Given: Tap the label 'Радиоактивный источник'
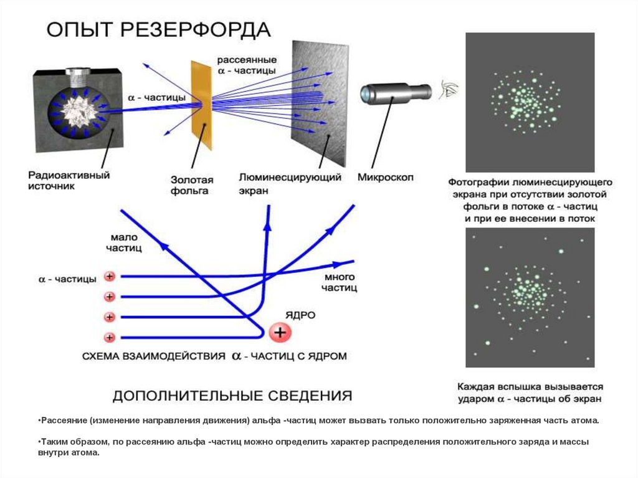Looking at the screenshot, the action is (69, 181).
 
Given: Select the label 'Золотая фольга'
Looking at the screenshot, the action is (192, 185).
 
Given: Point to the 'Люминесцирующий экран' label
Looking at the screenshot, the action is (290, 184).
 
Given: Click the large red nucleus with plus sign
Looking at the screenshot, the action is (280, 333).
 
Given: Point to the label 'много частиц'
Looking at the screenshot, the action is (339, 282).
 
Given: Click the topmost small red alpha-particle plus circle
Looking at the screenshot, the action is (110, 276).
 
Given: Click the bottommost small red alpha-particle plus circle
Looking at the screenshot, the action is (110, 337).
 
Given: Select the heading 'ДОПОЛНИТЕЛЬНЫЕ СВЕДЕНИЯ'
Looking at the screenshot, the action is (232, 396).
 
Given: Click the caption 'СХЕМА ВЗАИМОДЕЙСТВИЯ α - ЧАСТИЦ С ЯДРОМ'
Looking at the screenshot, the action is (214, 356).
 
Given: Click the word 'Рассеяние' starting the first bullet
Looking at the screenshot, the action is (61, 421).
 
